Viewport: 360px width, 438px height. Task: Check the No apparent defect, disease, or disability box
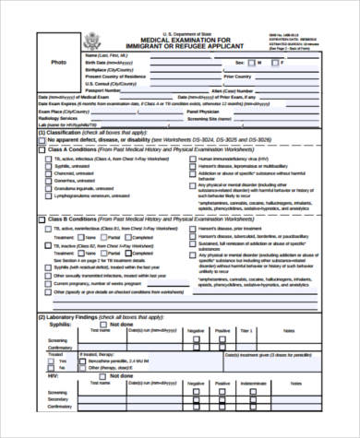[x=42, y=139]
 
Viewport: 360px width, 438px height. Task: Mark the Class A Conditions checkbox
[x=42, y=149]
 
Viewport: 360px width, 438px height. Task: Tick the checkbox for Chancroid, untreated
[x=48, y=172]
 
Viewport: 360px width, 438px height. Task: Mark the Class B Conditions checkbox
[x=42, y=219]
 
